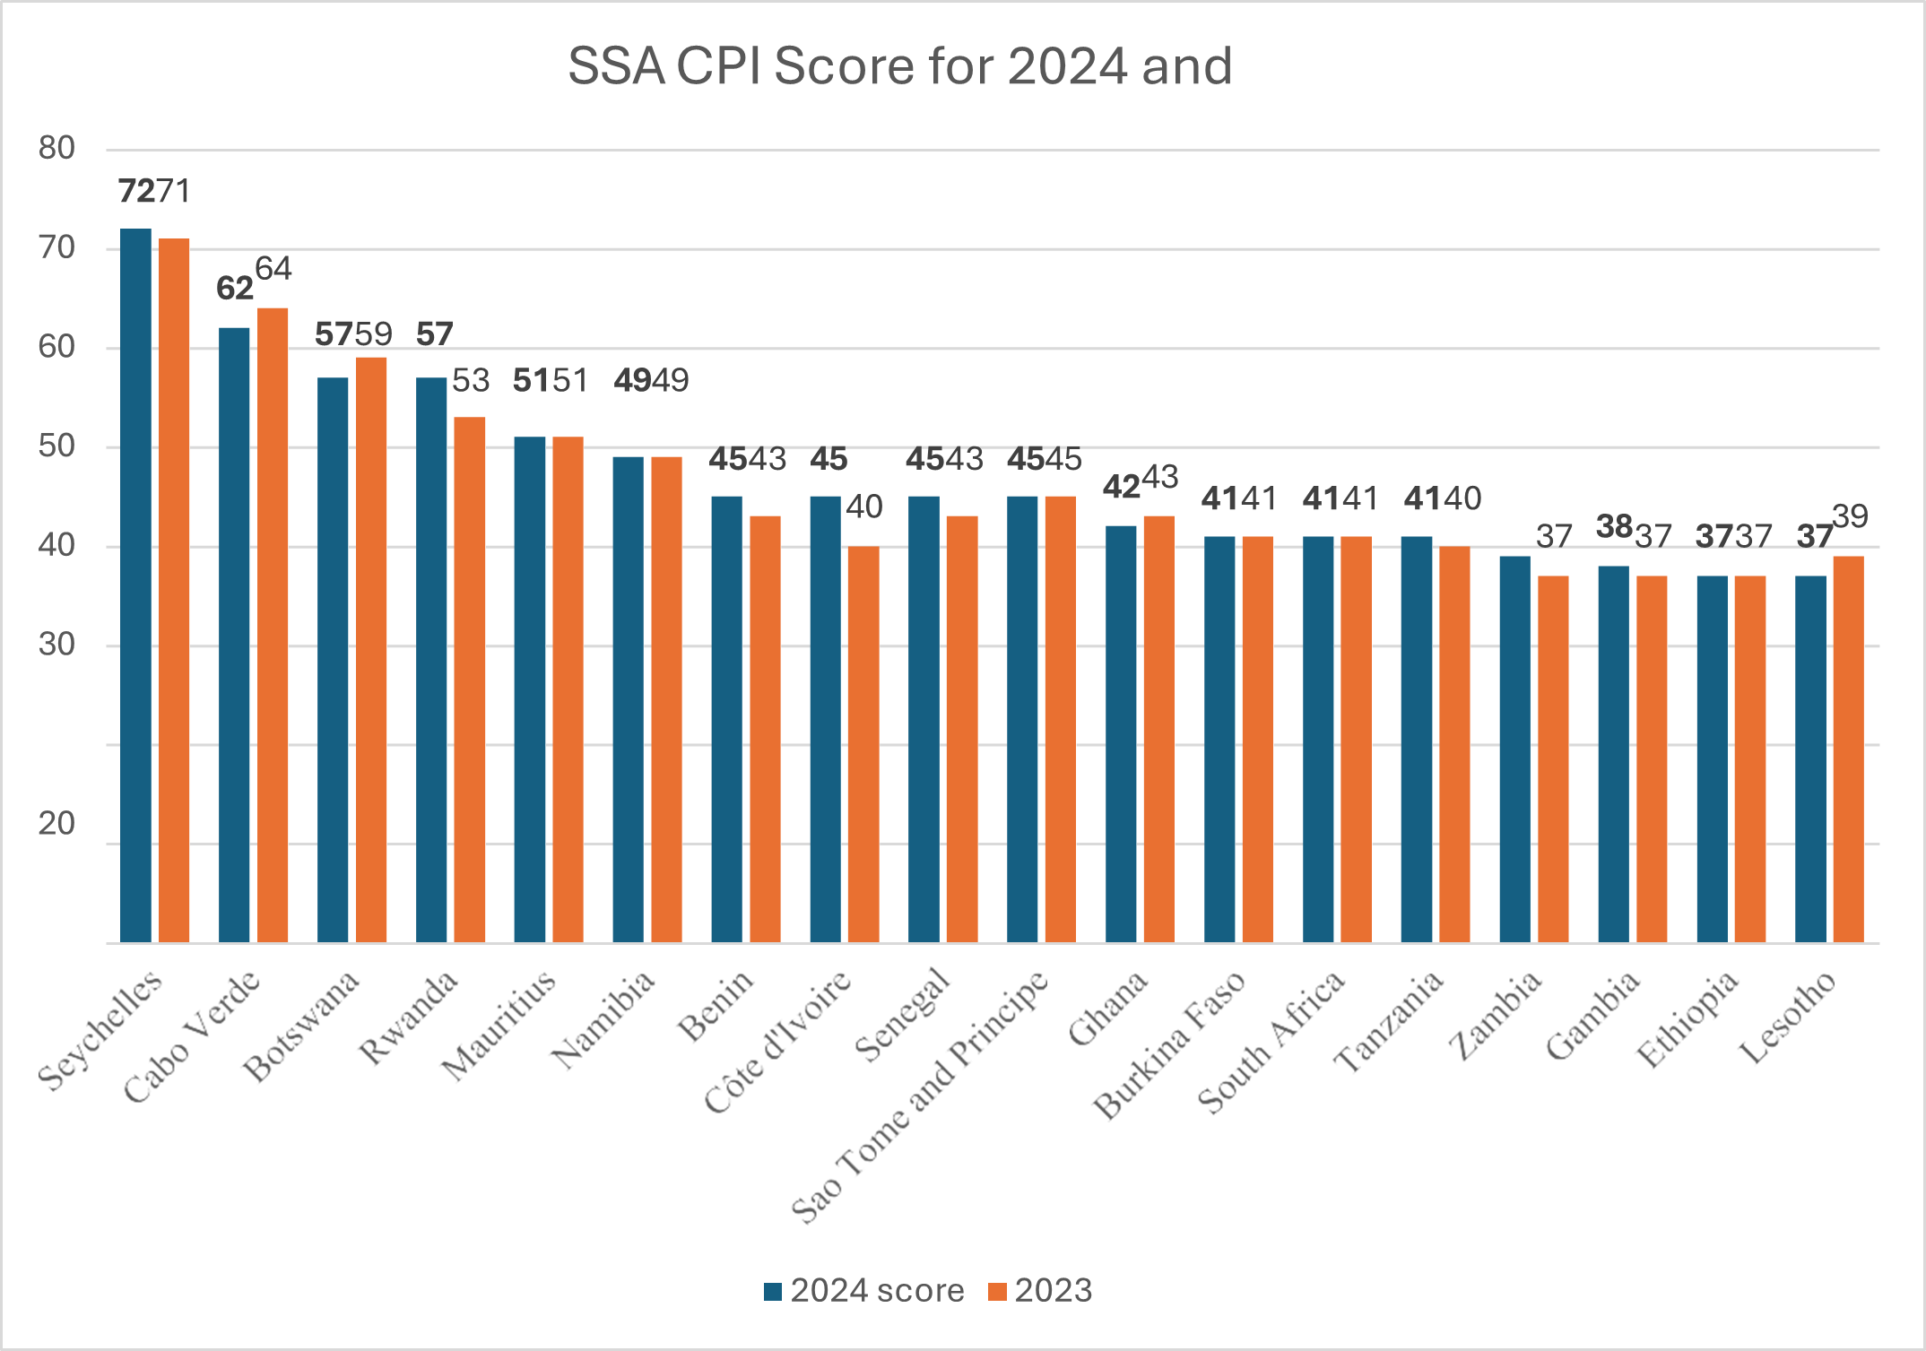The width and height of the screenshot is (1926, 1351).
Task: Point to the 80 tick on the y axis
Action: click(56, 148)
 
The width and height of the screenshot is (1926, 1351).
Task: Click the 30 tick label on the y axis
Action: click(56, 645)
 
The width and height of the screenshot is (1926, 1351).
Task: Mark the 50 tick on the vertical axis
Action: click(56, 446)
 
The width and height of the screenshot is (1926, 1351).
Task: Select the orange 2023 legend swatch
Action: click(997, 1292)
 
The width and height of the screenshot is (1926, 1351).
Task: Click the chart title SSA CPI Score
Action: click(899, 66)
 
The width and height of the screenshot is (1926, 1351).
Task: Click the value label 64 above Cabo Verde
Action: click(273, 268)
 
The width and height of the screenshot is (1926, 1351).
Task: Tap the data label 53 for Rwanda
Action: click(471, 380)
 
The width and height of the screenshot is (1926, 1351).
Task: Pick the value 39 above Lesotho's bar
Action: click(1850, 515)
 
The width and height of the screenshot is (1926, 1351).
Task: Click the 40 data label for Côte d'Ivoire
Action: click(864, 507)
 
